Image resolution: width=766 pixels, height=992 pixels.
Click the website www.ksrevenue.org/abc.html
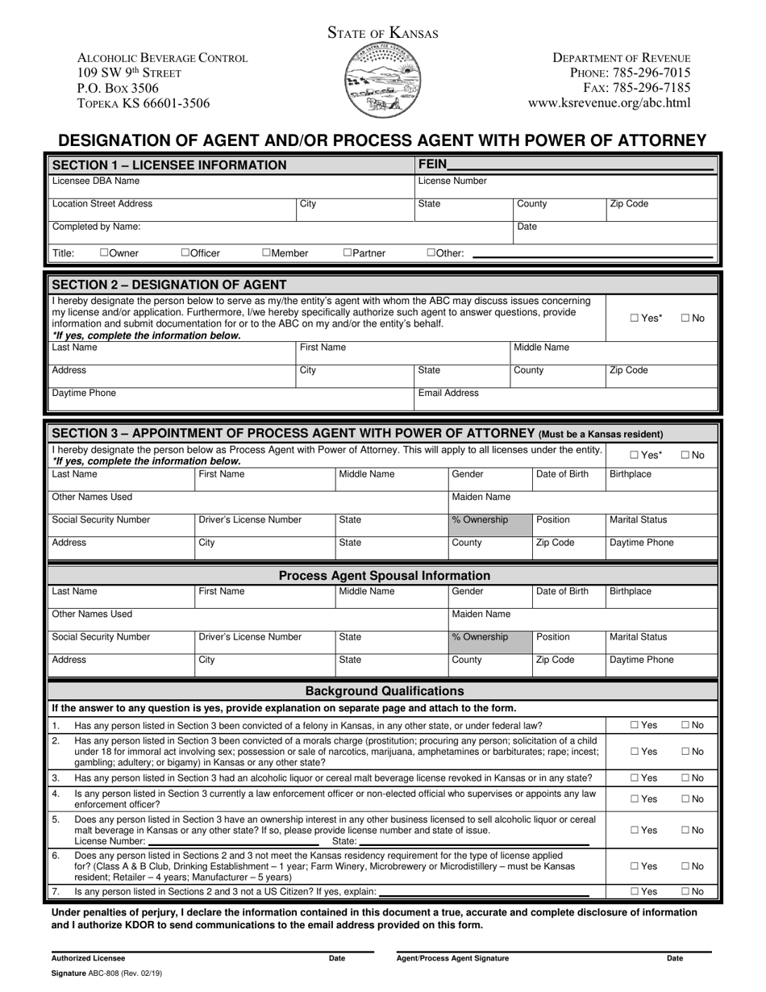tap(609, 103)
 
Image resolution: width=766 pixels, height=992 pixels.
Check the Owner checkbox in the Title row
tap(105, 253)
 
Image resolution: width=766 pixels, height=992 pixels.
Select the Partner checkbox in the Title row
tap(348, 253)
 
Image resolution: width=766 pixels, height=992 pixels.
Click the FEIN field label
tap(433, 165)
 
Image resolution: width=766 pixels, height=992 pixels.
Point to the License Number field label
tap(452, 181)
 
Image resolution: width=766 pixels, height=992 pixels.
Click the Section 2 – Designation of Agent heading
tap(169, 284)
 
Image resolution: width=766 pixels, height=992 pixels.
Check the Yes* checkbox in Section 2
tap(634, 319)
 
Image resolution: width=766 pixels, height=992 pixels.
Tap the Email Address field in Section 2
tap(448, 394)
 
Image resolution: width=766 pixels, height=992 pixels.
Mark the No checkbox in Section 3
tap(685, 456)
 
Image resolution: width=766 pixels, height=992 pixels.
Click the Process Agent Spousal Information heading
tap(384, 576)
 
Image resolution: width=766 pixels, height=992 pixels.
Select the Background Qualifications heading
tap(385, 691)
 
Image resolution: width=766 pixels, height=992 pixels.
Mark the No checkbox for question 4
tap(685, 799)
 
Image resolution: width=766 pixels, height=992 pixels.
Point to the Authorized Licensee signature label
tap(89, 959)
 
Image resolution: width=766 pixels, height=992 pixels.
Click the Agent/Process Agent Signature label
tap(453, 959)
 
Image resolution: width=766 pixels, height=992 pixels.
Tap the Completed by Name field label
tap(96, 227)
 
